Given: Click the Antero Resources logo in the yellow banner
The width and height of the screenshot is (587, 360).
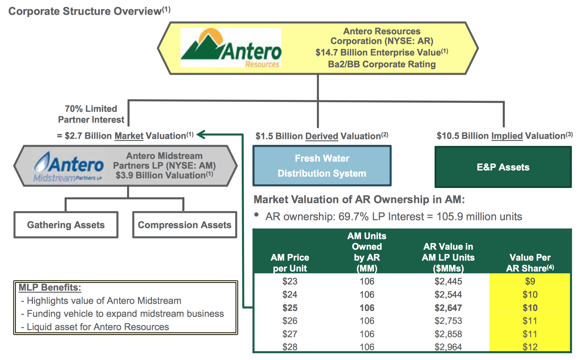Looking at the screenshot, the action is point(231,48).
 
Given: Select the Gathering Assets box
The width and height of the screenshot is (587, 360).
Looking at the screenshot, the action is point(66,225).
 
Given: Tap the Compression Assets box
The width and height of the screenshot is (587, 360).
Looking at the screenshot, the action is point(185,225).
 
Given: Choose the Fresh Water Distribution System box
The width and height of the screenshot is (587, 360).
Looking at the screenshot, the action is point(322,166).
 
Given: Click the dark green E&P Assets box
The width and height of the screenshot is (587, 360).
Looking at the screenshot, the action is point(503,167).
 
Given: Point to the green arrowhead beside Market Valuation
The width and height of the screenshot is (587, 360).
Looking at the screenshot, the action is point(201,134).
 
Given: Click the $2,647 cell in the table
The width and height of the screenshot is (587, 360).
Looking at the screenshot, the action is point(448,308).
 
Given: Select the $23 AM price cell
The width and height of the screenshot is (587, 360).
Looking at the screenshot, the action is point(290,281).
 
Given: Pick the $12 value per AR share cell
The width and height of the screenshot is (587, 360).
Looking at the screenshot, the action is point(530,347).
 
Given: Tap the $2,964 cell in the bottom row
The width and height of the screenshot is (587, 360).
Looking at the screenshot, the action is point(448,347).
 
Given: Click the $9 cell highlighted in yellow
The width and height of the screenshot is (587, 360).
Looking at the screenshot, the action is point(530,281).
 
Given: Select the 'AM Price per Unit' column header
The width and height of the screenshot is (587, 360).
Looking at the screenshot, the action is point(290,263).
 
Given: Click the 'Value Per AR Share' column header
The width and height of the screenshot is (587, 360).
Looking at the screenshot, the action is point(530,263).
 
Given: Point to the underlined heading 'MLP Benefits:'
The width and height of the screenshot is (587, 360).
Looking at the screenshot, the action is point(50,287).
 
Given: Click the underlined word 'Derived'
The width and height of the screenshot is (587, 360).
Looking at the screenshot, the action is point(321,136).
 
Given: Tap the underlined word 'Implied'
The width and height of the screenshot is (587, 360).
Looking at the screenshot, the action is point(507,136).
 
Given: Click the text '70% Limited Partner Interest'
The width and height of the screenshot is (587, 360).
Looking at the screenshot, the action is point(91,114).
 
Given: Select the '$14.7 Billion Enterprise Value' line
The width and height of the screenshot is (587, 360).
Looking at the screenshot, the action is point(382,52).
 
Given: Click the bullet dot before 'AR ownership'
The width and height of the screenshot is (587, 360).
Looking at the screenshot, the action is point(256,215).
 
